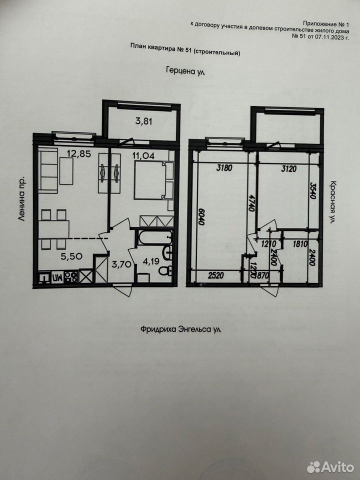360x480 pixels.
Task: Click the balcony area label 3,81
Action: (x=144, y=121)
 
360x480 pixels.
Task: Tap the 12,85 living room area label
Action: (x=79, y=153)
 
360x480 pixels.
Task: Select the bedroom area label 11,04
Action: (x=143, y=155)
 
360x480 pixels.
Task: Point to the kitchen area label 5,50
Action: (x=71, y=256)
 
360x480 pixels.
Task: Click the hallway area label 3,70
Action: (x=121, y=264)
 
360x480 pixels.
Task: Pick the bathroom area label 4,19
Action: (x=151, y=262)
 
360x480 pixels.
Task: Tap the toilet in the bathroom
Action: (x=165, y=270)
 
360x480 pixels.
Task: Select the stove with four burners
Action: (x=71, y=276)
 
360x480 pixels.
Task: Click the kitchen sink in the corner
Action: (x=44, y=277)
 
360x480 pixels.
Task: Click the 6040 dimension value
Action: (x=201, y=216)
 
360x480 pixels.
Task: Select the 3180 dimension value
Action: (x=224, y=168)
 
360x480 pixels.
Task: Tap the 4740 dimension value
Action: (x=251, y=202)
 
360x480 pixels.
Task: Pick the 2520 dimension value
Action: (x=216, y=275)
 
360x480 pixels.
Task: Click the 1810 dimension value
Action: (x=300, y=244)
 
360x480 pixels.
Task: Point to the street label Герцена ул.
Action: (x=185, y=71)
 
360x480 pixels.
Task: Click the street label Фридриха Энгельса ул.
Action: (x=180, y=329)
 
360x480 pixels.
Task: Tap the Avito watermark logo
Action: (x=330, y=467)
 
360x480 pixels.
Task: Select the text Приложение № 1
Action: (x=326, y=23)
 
